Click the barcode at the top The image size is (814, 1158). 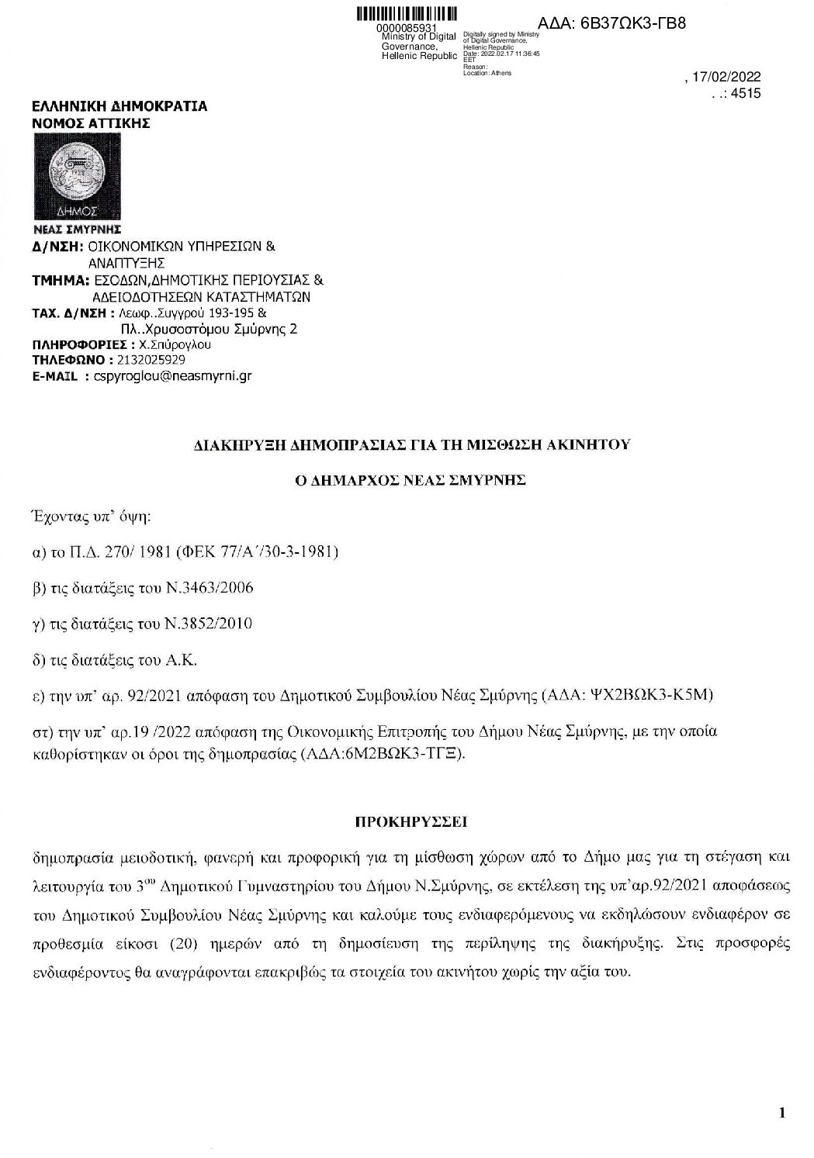[x=406, y=15]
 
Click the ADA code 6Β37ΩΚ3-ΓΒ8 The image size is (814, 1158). [x=611, y=23]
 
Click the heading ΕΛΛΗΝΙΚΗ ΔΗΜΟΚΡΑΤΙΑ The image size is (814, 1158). [x=119, y=107]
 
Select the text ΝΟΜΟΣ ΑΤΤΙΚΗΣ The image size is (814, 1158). [x=91, y=123]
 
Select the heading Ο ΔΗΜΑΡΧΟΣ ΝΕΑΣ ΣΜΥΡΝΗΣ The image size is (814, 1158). [x=402, y=479]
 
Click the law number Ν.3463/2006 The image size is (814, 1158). [x=209, y=587]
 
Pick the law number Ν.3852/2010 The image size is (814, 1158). [x=209, y=623]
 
